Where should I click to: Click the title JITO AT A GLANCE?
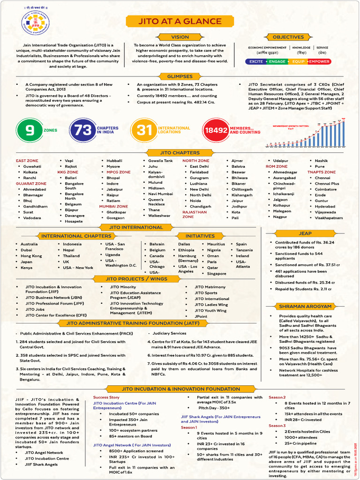click(x=180, y=21)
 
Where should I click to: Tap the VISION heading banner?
click(x=180, y=37)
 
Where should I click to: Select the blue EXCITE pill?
click(x=256, y=61)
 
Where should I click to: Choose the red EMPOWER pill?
click(x=319, y=61)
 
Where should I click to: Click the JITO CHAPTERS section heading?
click(x=180, y=153)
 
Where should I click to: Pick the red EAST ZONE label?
click(x=27, y=161)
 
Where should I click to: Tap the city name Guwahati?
click(x=32, y=166)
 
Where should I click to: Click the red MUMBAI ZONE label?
click(x=113, y=206)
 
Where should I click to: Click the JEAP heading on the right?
click(x=305, y=233)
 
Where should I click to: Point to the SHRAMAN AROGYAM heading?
click(x=305, y=306)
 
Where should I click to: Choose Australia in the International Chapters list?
click(x=29, y=244)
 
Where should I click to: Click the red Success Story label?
click(x=106, y=397)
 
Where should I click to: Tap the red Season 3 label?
click(x=277, y=426)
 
